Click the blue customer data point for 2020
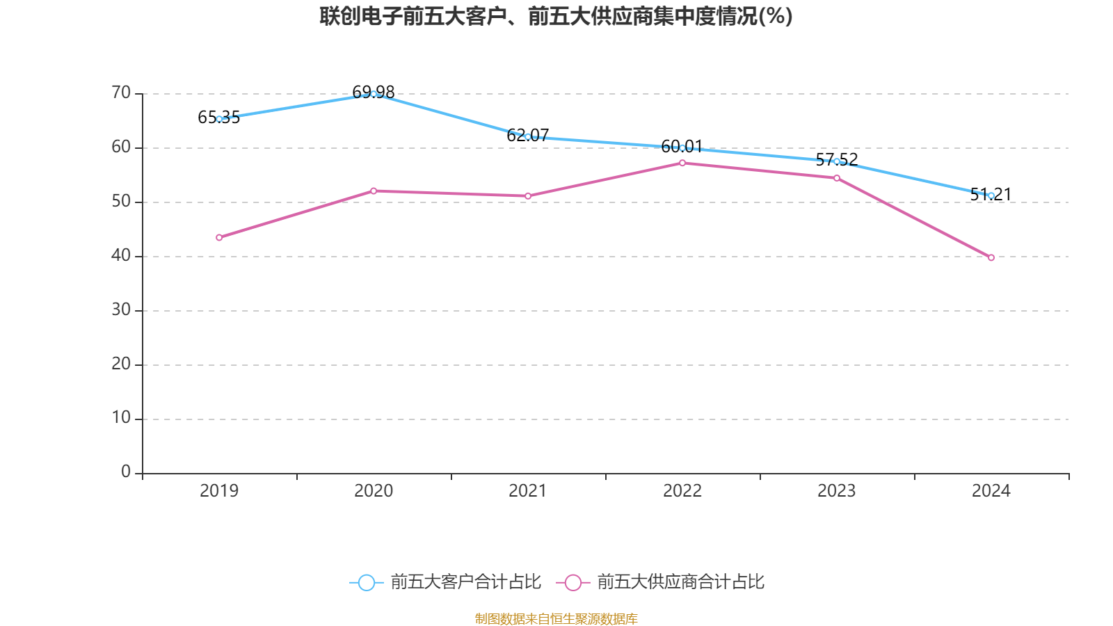click(374, 94)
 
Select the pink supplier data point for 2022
click(682, 163)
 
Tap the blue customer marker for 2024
click(991, 195)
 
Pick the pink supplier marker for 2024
click(991, 257)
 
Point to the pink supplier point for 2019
click(219, 238)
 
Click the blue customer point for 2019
click(219, 119)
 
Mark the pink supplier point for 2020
click(374, 191)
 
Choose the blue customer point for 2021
click(528, 136)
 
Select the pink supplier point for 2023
click(837, 178)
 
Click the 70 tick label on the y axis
click(121, 93)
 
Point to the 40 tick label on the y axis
click(121, 255)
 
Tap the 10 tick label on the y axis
click(121, 417)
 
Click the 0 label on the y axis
click(126, 472)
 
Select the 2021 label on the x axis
click(528, 491)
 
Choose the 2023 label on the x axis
click(837, 491)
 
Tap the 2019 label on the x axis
click(219, 491)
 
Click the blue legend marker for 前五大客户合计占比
click(366, 582)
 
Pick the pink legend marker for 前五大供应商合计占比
click(573, 582)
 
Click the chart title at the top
click(556, 16)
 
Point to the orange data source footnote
click(556, 618)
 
